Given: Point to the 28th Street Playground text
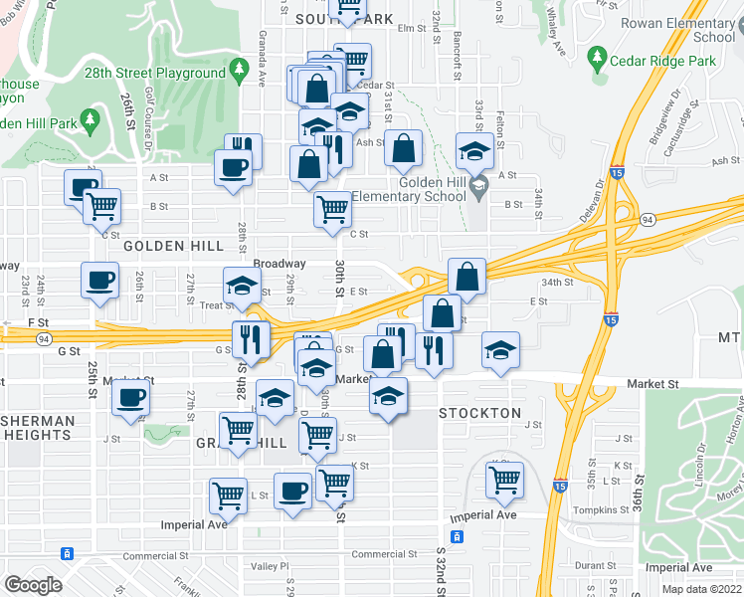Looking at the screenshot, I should click(x=170, y=73).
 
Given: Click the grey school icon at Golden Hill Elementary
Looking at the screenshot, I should click(x=477, y=184).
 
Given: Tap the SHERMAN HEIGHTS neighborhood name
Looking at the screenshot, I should click(x=38, y=428).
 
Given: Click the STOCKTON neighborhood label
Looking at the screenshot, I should click(x=479, y=413).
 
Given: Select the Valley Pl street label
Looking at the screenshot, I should click(x=269, y=566).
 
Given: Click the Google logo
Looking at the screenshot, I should click(x=33, y=585).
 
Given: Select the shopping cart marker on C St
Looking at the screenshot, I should click(x=332, y=210).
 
